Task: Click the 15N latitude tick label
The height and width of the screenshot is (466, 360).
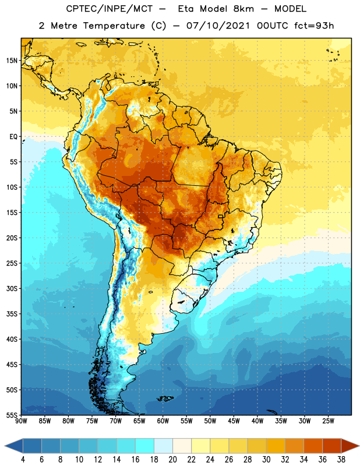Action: pos(12,61)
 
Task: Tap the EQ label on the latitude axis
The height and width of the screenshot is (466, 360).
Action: pos(13,137)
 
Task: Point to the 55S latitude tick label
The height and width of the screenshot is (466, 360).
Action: pos(12,415)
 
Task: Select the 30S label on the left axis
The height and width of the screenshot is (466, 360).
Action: pos(12,288)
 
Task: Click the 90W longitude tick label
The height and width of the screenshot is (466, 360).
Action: pos(21,421)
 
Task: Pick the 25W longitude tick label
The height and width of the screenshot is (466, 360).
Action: pos(328,421)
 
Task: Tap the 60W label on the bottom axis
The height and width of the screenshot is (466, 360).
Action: pos(163,421)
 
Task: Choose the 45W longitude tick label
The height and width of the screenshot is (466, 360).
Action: pos(234,421)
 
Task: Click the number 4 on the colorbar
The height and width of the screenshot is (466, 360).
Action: pos(23,460)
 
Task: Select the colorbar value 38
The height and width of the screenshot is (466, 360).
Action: pos(341,460)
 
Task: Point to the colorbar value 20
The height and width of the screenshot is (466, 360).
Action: pos(172,460)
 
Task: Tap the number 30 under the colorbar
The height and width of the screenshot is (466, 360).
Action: pos(266,460)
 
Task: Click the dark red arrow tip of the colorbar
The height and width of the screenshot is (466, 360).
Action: pos(350,446)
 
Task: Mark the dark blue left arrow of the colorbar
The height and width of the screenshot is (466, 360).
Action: pos(13,446)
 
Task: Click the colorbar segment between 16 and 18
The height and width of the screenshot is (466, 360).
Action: pos(145,446)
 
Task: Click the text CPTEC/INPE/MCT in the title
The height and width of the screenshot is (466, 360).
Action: pos(109,9)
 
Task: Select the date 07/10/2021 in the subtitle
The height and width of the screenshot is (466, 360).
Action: pos(218,26)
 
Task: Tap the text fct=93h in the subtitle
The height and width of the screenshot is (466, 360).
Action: pos(314,26)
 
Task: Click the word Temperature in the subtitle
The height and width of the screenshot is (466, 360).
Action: pos(114,26)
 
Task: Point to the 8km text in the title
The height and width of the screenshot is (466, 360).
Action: pos(243,9)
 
